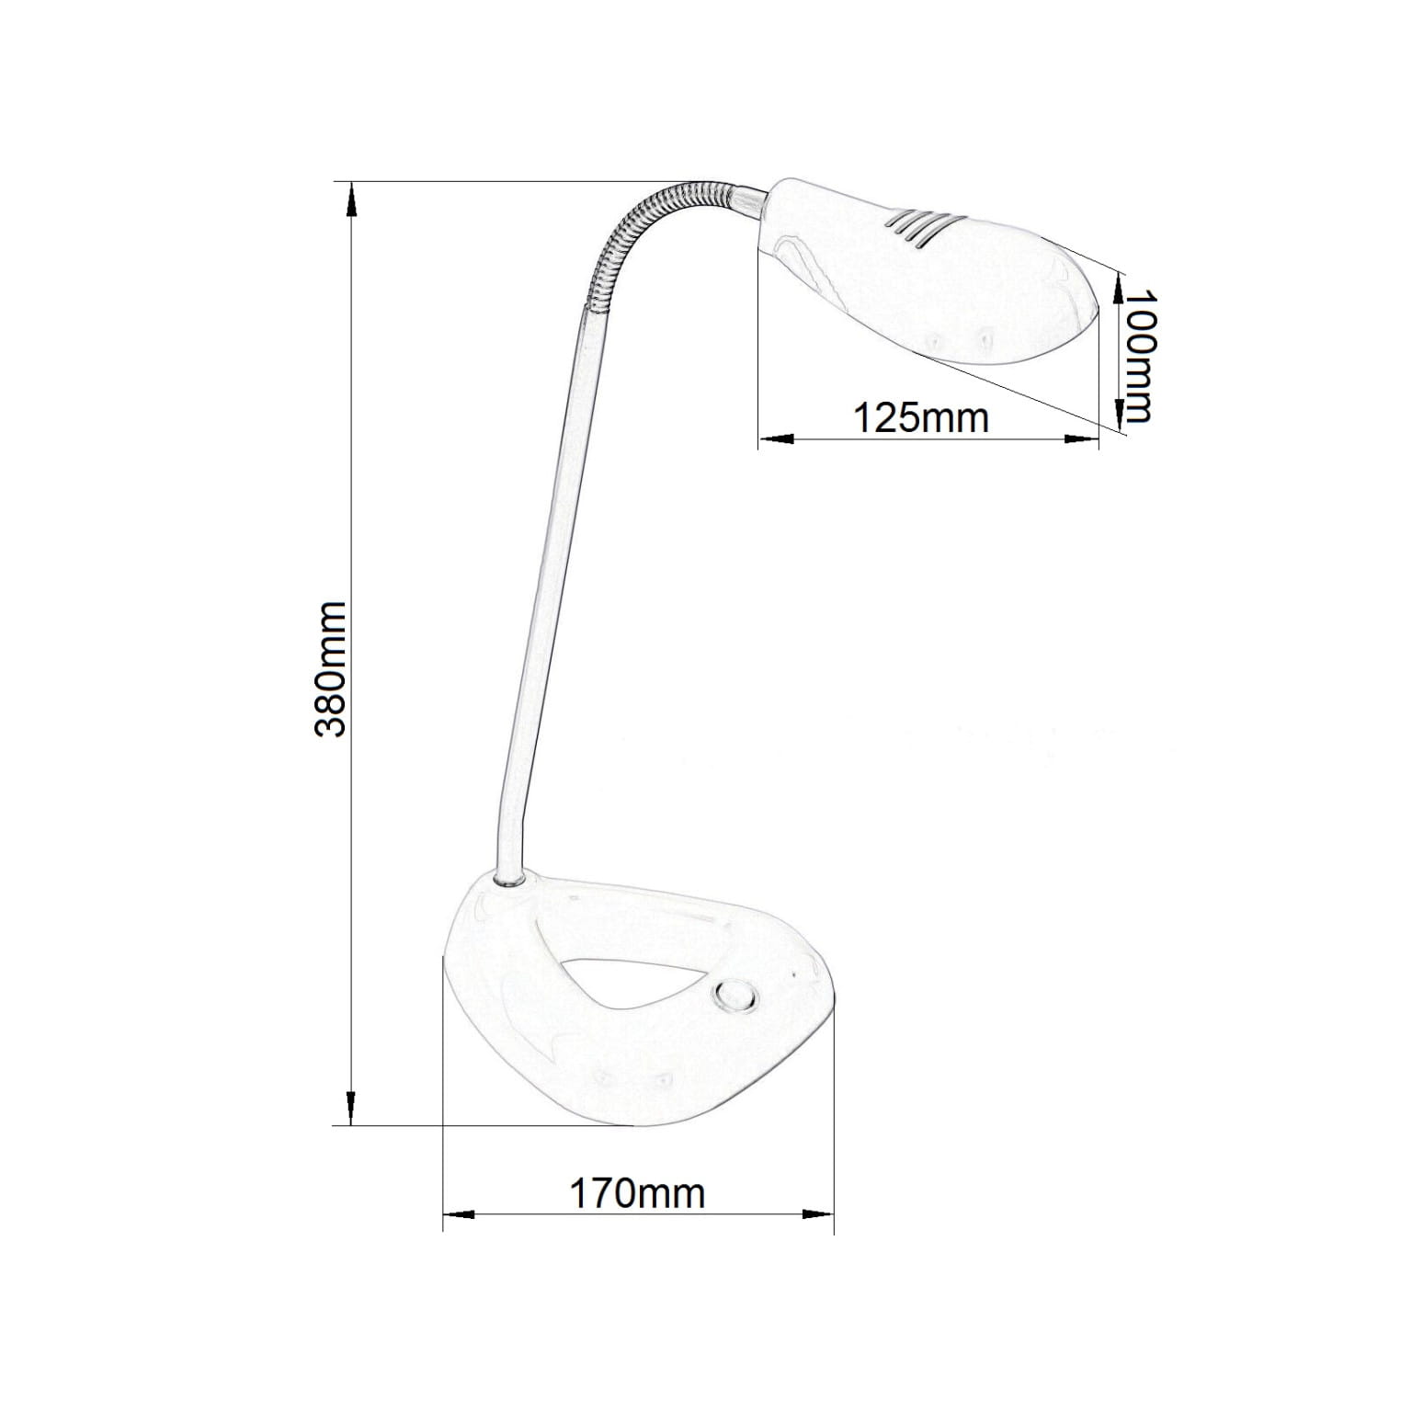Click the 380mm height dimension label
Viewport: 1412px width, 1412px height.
point(329,669)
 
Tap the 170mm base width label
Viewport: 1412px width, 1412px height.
point(637,1193)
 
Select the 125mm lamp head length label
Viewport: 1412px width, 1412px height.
point(921,417)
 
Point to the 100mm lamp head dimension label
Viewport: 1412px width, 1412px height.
point(1138,356)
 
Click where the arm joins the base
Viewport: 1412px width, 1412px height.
point(508,880)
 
